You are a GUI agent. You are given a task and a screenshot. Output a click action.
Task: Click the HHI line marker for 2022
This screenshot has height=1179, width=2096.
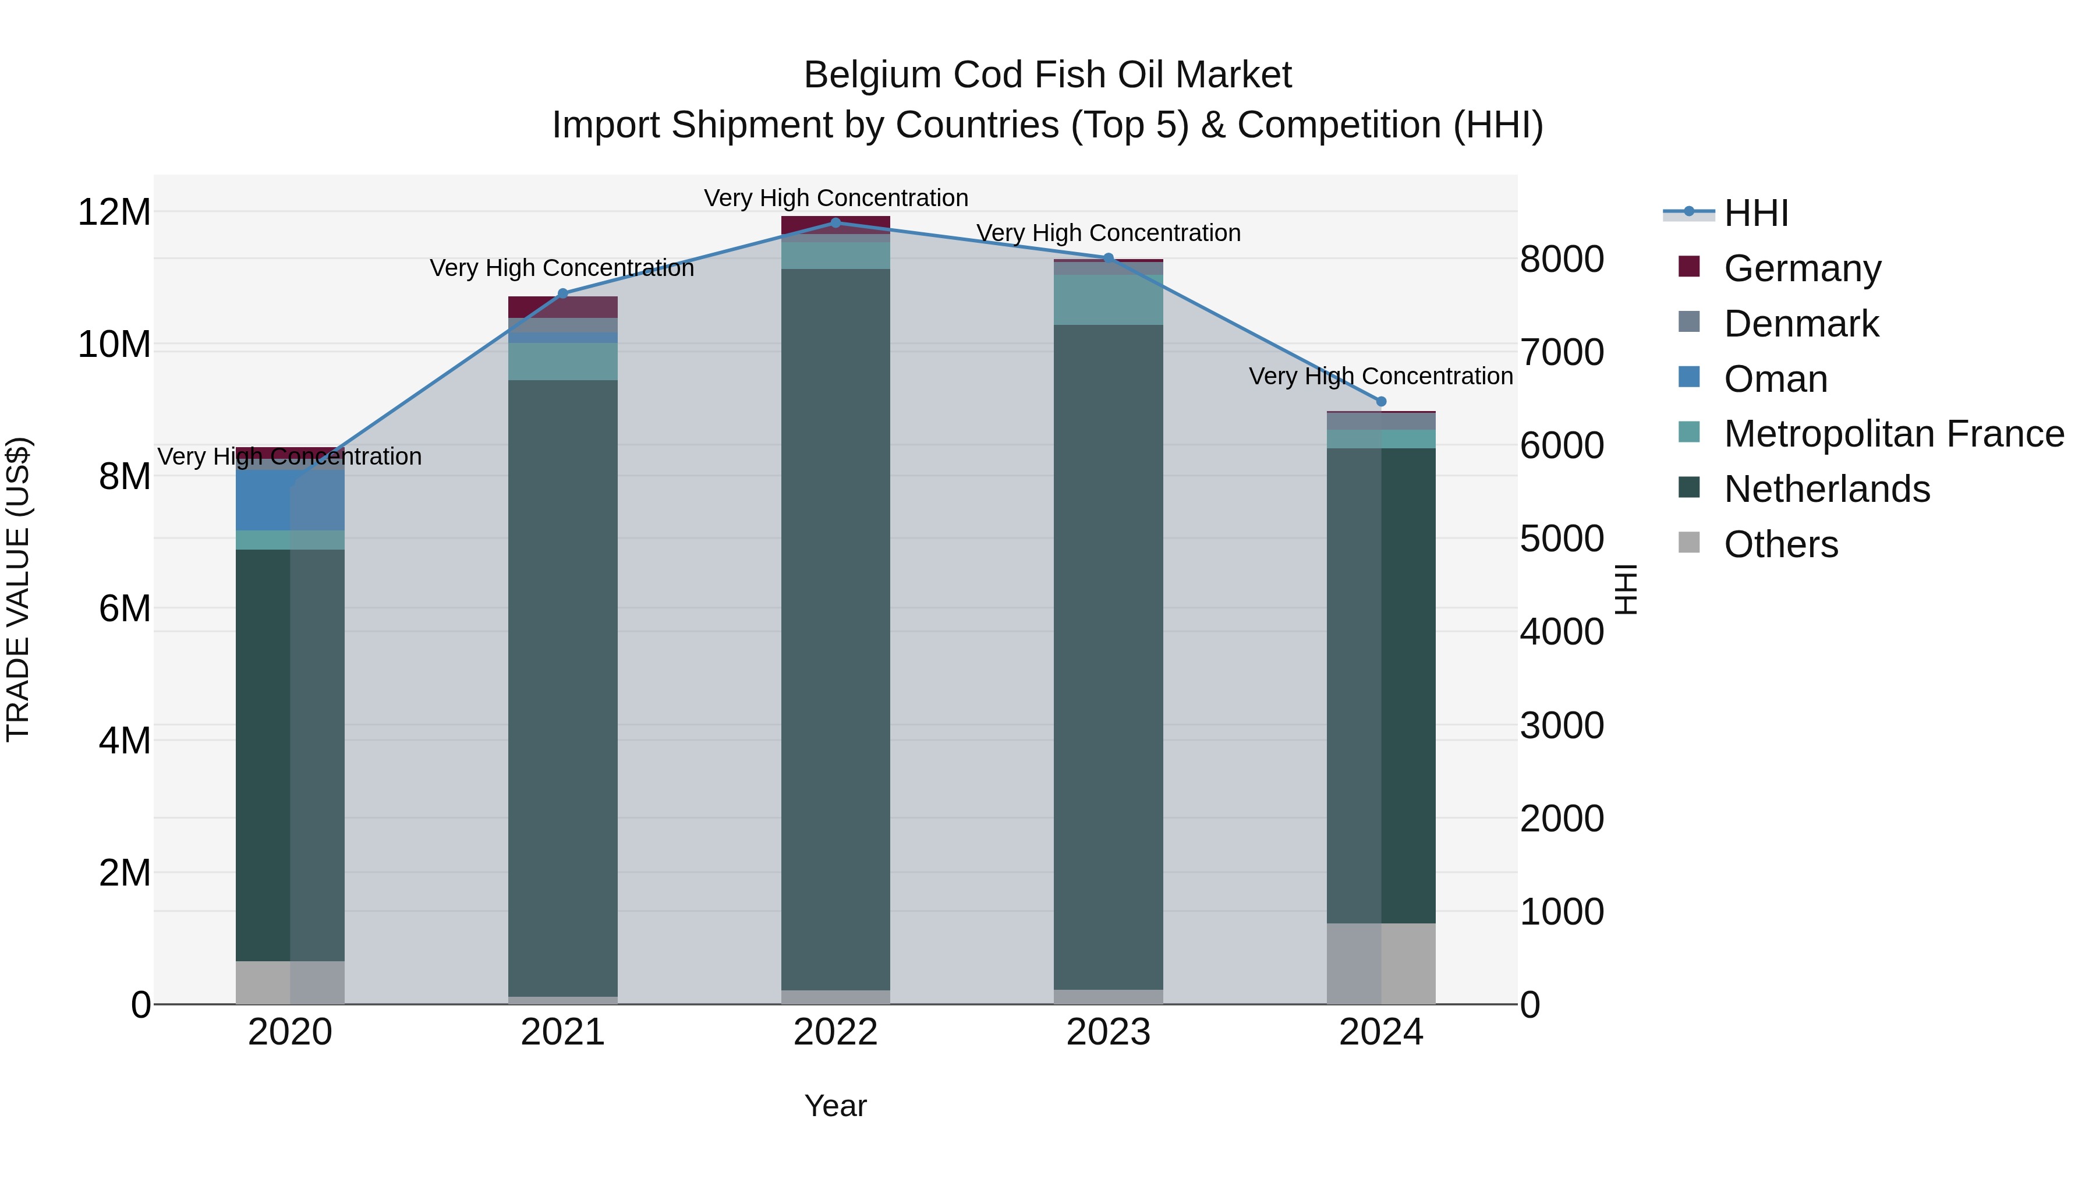tap(835, 223)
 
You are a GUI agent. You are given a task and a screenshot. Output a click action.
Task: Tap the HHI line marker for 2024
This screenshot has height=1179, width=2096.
tap(1381, 401)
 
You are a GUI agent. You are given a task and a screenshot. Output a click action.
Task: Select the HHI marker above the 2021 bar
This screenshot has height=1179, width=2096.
tap(562, 294)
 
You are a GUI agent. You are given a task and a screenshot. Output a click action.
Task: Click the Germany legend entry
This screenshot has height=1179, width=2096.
tap(1801, 268)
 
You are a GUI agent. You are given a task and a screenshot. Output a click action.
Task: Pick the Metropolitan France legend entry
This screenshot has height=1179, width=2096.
tap(1893, 434)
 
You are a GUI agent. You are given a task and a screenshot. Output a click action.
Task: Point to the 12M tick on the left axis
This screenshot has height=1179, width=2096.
tap(114, 213)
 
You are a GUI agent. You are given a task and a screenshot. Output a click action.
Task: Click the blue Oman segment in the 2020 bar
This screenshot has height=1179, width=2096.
tap(290, 500)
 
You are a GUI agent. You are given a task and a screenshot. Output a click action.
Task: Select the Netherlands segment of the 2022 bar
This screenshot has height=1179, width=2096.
tap(835, 626)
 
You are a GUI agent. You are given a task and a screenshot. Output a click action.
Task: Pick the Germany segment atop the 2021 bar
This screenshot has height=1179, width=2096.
tap(562, 307)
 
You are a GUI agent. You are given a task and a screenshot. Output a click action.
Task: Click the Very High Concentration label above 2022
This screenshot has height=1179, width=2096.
tap(835, 199)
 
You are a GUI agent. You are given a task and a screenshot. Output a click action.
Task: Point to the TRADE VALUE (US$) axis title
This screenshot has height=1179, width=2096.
tap(18, 589)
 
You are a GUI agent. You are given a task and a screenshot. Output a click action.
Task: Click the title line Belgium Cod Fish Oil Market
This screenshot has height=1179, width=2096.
tap(1047, 75)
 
